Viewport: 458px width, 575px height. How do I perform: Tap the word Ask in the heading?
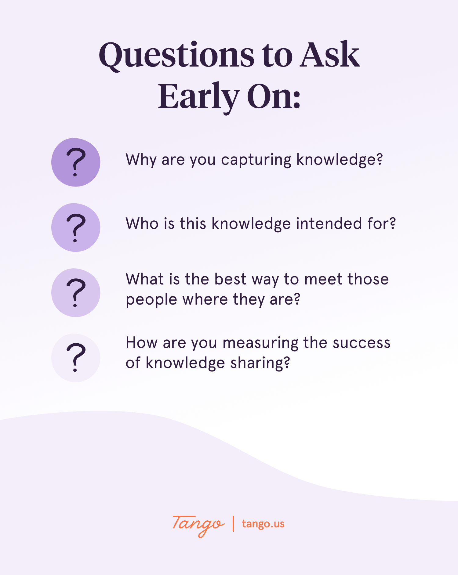pos(329,55)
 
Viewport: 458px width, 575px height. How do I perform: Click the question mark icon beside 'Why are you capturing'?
pos(76,162)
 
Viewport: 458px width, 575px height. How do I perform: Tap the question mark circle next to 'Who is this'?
pos(76,227)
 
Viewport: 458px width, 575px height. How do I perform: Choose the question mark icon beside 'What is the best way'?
pos(76,292)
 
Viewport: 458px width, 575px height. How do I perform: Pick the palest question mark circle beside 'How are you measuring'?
pos(76,358)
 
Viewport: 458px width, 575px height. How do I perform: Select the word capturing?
pos(256,160)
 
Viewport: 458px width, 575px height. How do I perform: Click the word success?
pos(362,343)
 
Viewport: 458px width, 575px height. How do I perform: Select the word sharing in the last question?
pos(260,363)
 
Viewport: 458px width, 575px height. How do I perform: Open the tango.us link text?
pos(263,524)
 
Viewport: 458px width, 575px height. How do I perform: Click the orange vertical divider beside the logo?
pos(233,524)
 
